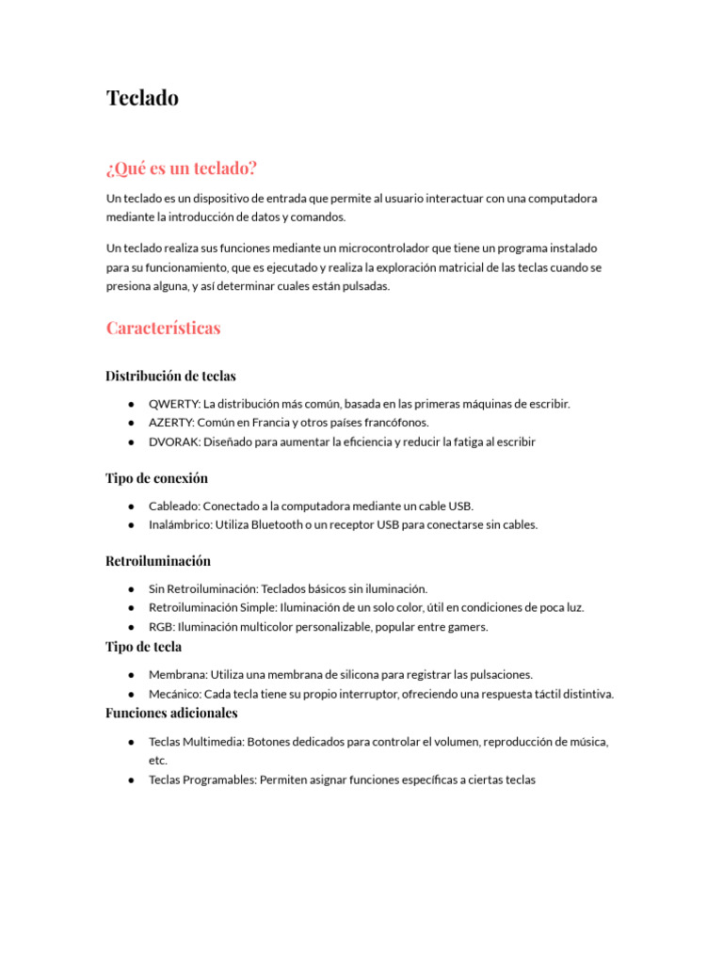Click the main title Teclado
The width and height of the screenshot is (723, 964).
pyautogui.click(x=142, y=98)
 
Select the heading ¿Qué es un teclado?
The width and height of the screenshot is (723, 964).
pyautogui.click(x=181, y=169)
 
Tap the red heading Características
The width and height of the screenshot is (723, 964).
pyautogui.click(x=163, y=329)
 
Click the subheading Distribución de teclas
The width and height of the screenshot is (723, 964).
pyautogui.click(x=170, y=377)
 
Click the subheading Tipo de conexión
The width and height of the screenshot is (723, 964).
pyautogui.click(x=156, y=478)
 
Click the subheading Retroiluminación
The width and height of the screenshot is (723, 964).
pyautogui.click(x=158, y=561)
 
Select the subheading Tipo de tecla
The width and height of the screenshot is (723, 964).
pyautogui.click(x=144, y=647)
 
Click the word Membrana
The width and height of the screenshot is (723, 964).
pyautogui.click(x=177, y=674)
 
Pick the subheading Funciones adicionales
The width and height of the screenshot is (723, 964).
pyautogui.click(x=171, y=713)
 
